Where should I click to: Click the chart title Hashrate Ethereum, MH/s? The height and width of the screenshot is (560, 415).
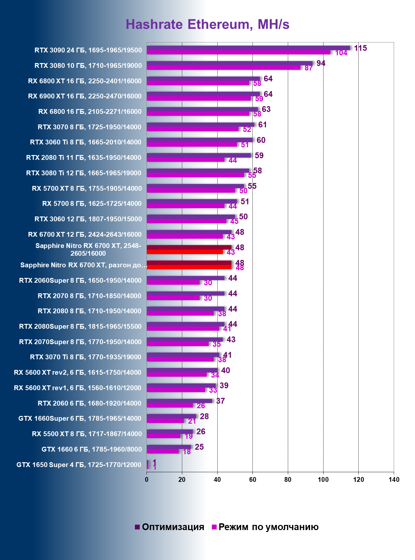[x=207, y=24]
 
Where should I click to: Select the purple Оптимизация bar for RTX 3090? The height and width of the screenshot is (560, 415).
[x=248, y=48]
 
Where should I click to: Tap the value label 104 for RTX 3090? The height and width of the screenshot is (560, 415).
[x=341, y=53]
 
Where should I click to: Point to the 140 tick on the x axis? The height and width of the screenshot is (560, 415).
[x=394, y=480]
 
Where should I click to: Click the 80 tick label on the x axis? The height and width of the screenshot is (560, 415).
[x=288, y=480]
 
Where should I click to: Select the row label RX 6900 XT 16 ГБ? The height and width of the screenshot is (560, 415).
[x=85, y=96]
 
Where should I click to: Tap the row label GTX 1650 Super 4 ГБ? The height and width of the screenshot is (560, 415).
[x=79, y=465]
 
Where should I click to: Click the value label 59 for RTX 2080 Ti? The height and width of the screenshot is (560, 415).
[x=259, y=156]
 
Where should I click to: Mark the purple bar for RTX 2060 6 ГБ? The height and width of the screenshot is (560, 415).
[x=179, y=401]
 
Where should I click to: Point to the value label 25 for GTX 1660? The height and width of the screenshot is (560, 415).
[x=199, y=447]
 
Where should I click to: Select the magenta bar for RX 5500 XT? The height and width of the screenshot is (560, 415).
[x=163, y=436]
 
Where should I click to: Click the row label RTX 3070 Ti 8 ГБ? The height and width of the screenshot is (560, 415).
[x=85, y=357]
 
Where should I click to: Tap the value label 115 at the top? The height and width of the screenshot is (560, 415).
[x=360, y=48]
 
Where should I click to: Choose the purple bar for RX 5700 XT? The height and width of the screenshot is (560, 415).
[x=195, y=186]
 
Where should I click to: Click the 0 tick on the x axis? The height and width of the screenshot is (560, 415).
[x=147, y=480]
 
